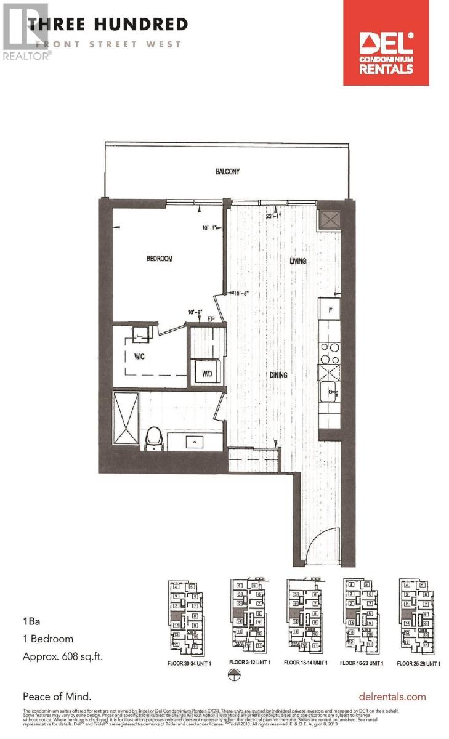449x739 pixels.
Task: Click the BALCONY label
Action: [227, 172]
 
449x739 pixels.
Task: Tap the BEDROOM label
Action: [159, 259]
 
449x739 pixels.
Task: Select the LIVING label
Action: [298, 261]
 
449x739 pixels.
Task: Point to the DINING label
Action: [277, 374]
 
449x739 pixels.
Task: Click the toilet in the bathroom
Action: [153, 438]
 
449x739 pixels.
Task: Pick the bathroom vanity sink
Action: [195, 441]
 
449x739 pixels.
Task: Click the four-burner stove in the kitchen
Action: [329, 351]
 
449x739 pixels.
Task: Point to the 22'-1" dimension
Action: [274, 216]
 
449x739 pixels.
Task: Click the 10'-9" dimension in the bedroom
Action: [196, 312]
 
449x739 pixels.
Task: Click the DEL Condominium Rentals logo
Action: [387, 43]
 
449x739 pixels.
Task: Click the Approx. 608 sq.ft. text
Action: [63, 656]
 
